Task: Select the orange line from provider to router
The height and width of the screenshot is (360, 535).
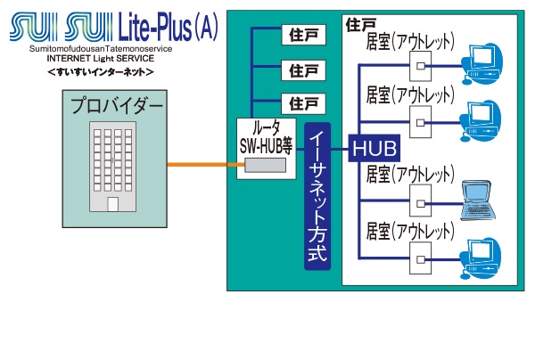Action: click(x=201, y=164)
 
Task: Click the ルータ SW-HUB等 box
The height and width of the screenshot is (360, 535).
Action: click(x=267, y=148)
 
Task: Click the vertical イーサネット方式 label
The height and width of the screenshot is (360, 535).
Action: click(x=317, y=196)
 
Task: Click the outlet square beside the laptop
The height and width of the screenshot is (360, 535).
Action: click(x=418, y=200)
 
